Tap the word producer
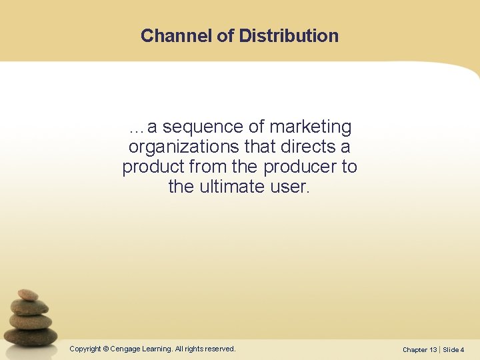pos(299,167)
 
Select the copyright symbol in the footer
pos(106,349)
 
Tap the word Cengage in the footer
pos(126,349)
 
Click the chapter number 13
pos(433,349)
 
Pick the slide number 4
pos(462,349)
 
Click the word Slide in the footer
pos(451,349)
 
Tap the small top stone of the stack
pos(28,295)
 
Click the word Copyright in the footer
pos(85,349)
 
